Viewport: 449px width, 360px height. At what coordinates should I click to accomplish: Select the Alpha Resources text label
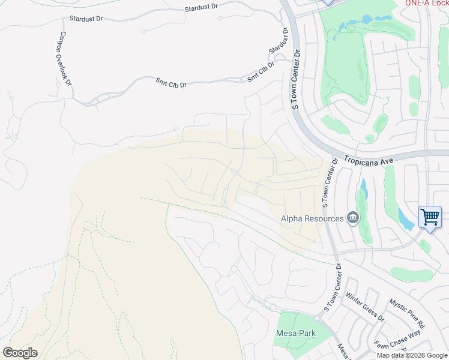point(312,219)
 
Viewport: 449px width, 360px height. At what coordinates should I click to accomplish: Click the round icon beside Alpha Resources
point(353,218)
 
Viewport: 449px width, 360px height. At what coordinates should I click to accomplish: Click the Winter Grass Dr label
point(364,306)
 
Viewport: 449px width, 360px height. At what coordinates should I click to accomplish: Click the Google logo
point(20,353)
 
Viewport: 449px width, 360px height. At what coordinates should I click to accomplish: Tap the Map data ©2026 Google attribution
point(412,355)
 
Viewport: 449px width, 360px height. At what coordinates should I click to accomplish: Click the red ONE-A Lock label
point(427,3)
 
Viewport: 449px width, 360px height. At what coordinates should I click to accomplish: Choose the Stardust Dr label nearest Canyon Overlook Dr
point(86,19)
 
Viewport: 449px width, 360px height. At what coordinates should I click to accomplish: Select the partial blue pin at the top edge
point(327,2)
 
